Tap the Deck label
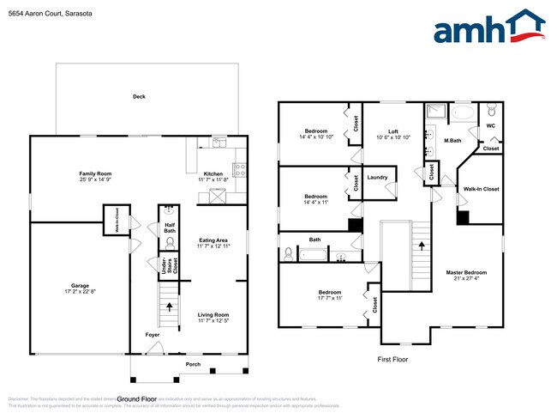tap(139, 96)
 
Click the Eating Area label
tap(213, 240)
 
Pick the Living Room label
tap(213, 314)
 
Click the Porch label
tap(193, 364)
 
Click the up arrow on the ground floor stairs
tap(169, 306)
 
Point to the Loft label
tap(393, 131)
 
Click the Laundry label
tap(378, 178)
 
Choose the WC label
tap(491, 125)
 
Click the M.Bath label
tap(453, 141)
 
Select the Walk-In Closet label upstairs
tap(481, 188)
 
